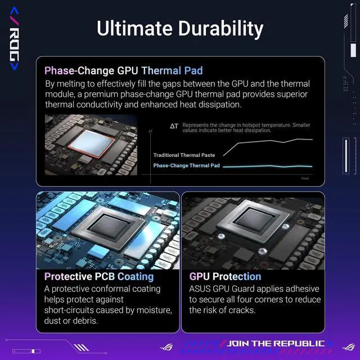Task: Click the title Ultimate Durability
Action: tap(179, 28)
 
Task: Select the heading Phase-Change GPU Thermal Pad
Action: tap(123, 71)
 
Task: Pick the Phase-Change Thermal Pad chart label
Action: tap(186, 166)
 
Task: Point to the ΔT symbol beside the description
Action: tap(174, 126)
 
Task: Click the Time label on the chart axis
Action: tap(305, 178)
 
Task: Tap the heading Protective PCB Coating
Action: tap(98, 277)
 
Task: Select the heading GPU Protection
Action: tap(225, 277)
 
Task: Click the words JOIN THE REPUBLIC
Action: tap(275, 344)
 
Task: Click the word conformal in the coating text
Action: tap(103, 289)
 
